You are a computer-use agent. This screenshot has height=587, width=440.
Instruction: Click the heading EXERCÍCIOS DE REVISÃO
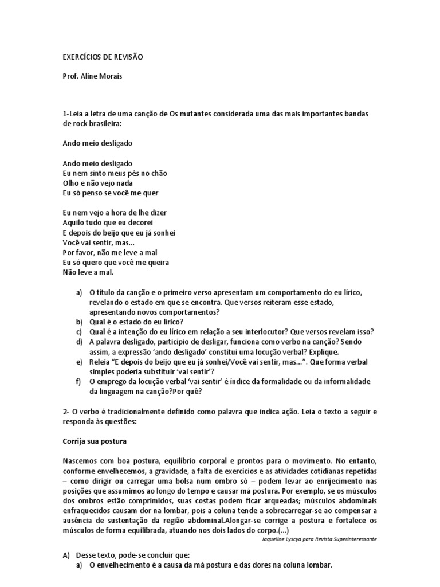point(103,57)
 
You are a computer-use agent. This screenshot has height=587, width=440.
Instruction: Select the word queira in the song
point(157,262)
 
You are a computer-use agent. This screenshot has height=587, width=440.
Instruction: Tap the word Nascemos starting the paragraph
point(82,461)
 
